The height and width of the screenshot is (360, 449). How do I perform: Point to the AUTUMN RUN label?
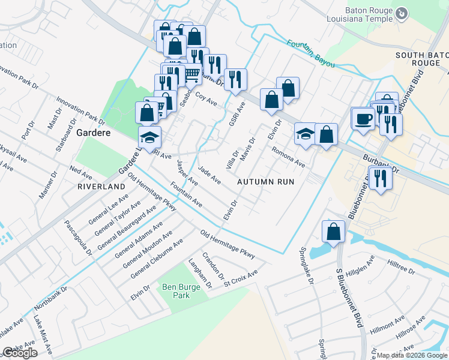point(265,181)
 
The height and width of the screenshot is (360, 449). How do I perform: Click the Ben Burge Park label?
point(181,291)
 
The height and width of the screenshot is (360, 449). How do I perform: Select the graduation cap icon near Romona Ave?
point(306,134)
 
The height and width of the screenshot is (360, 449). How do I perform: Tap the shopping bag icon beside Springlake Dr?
point(334,232)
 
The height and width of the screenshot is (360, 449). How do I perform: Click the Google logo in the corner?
point(20,353)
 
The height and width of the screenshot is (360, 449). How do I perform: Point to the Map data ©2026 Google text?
point(412,355)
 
